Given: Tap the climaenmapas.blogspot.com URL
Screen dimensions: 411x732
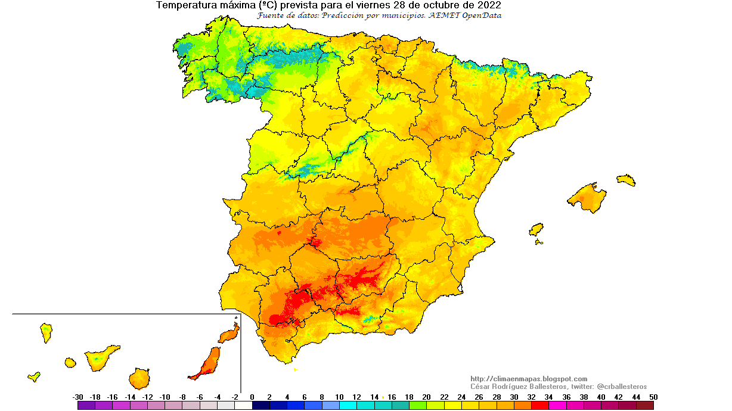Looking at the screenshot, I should point(529,379).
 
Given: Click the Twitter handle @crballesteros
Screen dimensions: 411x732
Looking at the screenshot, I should point(622,387).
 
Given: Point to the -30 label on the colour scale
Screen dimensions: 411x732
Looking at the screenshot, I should point(77,397).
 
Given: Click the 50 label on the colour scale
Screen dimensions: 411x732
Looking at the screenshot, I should point(653,397).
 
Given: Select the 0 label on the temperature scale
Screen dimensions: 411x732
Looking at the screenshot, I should point(252,397).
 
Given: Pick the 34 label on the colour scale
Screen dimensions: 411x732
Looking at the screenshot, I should point(549,397).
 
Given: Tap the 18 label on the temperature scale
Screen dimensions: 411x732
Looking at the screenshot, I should point(409,397).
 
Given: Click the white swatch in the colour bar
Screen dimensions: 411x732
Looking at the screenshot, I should point(243,406).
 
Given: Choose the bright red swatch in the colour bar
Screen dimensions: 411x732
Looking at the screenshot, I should point(540,406).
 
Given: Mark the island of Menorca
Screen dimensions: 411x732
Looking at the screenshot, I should point(626,180).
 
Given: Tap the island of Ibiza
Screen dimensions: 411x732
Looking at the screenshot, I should point(536,230).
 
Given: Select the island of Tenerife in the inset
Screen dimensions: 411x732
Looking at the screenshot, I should point(101,358).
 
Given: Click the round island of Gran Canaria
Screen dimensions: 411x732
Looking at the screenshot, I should point(139,378).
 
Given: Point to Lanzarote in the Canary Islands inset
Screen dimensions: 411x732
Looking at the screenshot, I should point(229,335).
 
